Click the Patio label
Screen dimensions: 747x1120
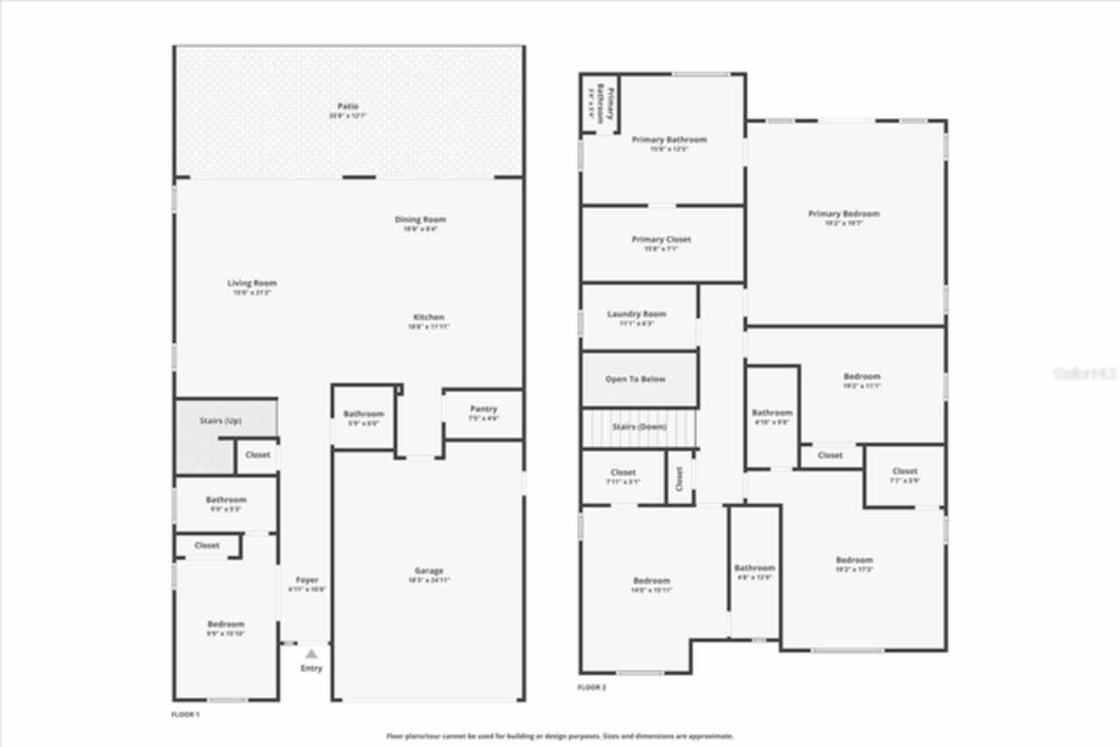coord(348,107)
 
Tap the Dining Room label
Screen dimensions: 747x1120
coord(421,220)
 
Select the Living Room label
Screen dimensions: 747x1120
coord(252,283)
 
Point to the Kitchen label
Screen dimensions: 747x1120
coord(429,317)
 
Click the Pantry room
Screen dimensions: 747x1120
coord(483,413)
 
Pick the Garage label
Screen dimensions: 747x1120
coord(429,571)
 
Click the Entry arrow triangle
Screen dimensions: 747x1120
coord(311,653)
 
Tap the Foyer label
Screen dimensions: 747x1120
coord(307,580)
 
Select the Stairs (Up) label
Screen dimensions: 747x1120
coord(220,421)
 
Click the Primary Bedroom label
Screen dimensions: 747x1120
coord(843,213)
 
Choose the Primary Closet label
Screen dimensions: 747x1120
coord(661,240)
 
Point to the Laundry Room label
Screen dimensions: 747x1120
coord(636,314)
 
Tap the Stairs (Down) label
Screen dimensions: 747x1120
coord(639,427)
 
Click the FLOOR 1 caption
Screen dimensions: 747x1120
coord(185,715)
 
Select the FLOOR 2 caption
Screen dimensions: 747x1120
coord(591,688)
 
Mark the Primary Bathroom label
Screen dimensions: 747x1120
coord(668,139)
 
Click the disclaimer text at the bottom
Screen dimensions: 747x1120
coord(560,737)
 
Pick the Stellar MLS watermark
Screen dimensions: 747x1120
coord(1084,373)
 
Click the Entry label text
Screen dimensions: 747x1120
coord(311,668)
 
